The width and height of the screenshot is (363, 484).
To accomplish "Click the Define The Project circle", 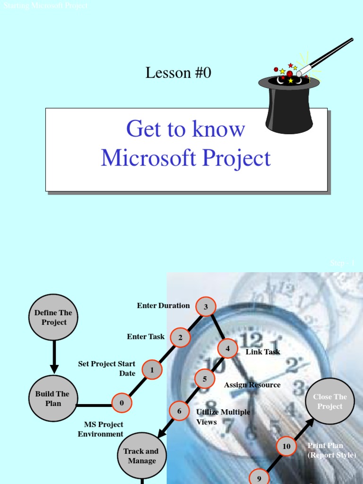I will coord(54,318).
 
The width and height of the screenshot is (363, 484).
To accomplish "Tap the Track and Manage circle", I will coord(141,456).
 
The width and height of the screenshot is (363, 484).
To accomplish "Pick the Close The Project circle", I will coord(330,401).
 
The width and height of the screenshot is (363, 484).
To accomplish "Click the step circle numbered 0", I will coord(122,403).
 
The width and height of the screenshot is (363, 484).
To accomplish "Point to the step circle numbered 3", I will coord(206,307).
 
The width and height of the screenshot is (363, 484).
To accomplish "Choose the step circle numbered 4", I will coord(227,348).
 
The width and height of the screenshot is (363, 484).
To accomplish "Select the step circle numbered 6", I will coord(179,411).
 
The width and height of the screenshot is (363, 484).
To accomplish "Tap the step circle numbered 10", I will coord(286,446).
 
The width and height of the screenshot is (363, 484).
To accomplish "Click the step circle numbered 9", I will coord(259,477).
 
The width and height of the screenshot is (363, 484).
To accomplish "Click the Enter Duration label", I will coord(163,305).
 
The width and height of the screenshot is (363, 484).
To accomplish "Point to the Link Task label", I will coord(263,352).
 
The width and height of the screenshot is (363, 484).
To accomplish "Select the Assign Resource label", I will coord(252,385).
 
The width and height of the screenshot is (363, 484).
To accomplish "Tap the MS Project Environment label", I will coord(101,429).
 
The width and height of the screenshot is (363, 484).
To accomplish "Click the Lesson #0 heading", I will coord(178,73).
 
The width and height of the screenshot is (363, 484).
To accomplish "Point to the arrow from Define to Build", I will coord(54,357).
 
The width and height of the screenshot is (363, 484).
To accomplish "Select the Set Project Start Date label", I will coord(107,369).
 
